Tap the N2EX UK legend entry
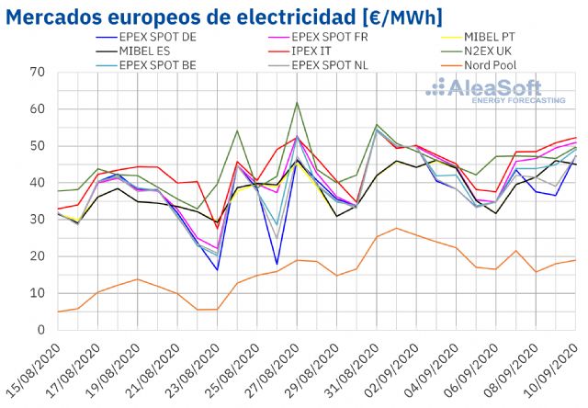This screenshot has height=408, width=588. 468,51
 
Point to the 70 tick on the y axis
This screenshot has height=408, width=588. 39,72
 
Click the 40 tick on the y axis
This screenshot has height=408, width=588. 39,182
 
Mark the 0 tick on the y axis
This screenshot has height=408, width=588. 42,329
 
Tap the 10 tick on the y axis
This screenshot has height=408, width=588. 39,292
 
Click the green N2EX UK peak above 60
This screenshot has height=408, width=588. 297,102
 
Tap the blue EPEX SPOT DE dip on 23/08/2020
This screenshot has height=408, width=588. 218,269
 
